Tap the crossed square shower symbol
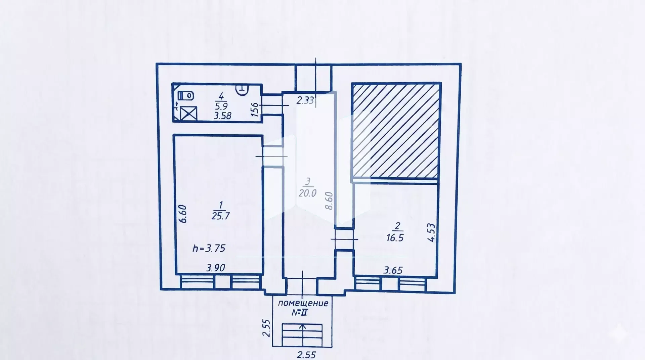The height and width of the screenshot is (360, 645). [188, 113]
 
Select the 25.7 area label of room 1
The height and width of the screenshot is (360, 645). [220, 215]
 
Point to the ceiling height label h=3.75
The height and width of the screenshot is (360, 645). [209, 249]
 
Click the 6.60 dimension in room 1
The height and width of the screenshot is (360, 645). [183, 214]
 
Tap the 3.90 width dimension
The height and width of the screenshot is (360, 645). [216, 268]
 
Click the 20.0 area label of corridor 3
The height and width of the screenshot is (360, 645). [307, 193]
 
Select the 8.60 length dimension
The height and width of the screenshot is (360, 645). [329, 201]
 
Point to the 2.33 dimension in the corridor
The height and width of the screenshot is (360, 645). [305, 100]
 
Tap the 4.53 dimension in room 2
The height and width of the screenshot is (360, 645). [432, 232]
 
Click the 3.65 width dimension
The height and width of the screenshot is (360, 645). [393, 270]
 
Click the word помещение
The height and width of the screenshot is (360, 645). [303, 303]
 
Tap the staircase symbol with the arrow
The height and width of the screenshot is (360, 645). [302, 335]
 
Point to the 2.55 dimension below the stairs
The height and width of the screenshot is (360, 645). [306, 354]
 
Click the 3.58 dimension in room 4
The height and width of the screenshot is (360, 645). [222, 116]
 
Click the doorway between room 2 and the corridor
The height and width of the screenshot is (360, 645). [344, 239]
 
